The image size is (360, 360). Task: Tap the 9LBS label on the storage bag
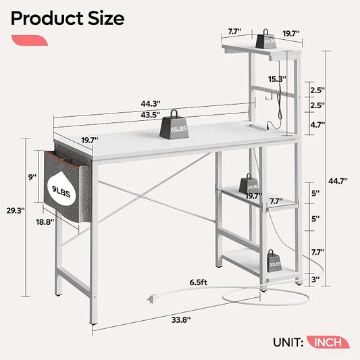pyautogui.click(x=61, y=191)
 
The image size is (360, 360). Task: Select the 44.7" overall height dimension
pyautogui.click(x=338, y=181)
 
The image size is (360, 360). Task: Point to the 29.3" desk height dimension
pyautogui.click(x=16, y=211)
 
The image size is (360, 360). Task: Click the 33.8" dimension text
pyautogui.click(x=181, y=320)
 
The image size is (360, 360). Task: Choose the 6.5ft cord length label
pyautogui.click(x=199, y=282)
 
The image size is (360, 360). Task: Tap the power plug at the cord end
pyautogui.click(x=151, y=299)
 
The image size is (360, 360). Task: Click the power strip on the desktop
pyautogui.click(x=257, y=127)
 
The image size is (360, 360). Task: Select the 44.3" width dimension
pyautogui.click(x=151, y=104)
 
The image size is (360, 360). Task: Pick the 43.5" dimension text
pyautogui.click(x=151, y=115)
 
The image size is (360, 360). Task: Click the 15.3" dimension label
pyautogui.click(x=278, y=79)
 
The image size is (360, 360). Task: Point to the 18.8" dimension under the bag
pyautogui.click(x=45, y=222)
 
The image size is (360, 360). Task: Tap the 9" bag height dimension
pyautogui.click(x=32, y=177)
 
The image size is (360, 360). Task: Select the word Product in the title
pyautogui.click(x=47, y=18)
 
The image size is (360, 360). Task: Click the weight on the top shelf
pyautogui.click(x=265, y=39)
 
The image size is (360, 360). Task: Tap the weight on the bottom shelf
pyautogui.click(x=274, y=261)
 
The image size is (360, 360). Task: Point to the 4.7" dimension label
pyautogui.click(x=317, y=125)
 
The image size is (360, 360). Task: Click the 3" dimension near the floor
pyautogui.click(x=315, y=280)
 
